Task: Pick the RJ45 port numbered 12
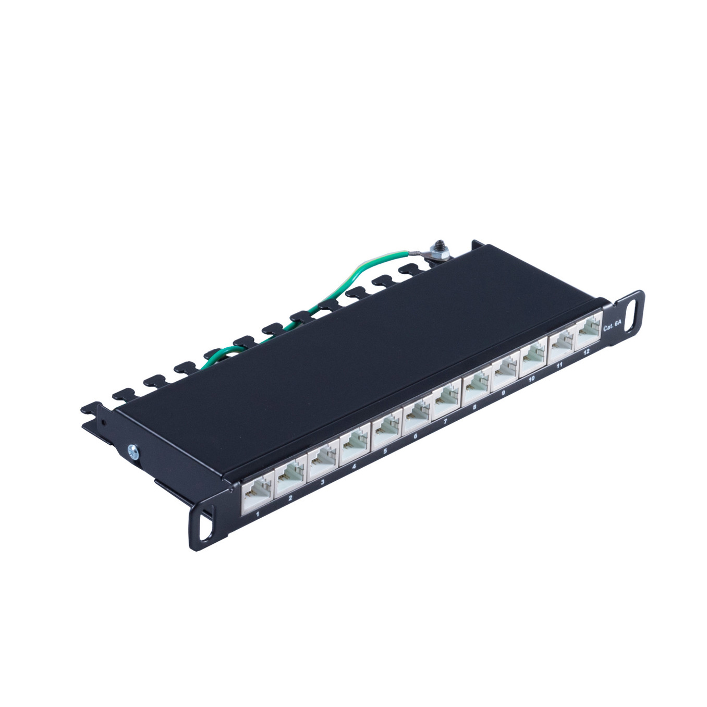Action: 588,335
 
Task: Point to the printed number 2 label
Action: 290,498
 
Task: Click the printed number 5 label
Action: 385,452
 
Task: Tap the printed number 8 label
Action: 475,407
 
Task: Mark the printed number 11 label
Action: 559,365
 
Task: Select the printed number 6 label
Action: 416,436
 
